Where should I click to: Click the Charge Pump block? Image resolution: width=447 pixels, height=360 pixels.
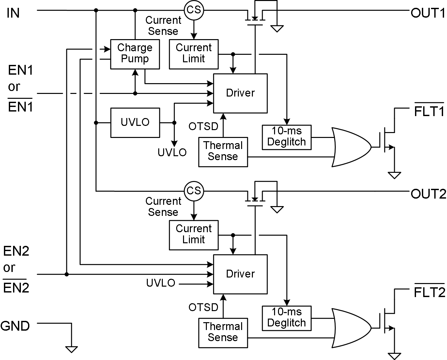pos(135,54)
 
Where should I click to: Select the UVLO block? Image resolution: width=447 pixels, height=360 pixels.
pos(135,123)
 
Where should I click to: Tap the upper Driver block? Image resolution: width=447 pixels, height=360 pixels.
pos(240,93)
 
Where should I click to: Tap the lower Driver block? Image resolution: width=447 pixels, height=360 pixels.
pos(240,274)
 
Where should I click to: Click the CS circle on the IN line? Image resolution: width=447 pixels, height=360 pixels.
pos(194,10)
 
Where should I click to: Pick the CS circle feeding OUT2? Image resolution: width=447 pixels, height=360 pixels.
pos(194,191)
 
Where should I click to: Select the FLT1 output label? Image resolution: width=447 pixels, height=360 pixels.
pos(429,112)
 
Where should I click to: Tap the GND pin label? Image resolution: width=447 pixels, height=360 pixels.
pos(15,326)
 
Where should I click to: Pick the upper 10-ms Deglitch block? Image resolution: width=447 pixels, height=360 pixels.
pos(286,137)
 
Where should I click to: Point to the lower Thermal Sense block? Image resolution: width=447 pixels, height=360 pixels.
pos(223,332)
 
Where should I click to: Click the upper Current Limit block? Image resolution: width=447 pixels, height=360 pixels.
pos(194,54)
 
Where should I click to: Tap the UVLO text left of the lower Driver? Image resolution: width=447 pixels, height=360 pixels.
pos(161,283)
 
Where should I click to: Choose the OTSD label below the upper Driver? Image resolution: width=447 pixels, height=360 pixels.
pos(203,126)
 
